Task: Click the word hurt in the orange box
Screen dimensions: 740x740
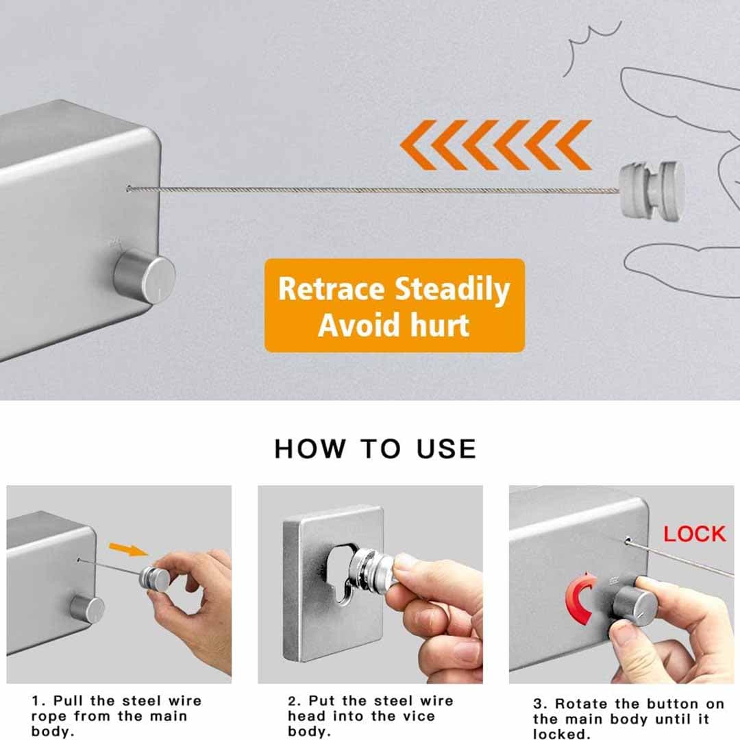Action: click(440, 323)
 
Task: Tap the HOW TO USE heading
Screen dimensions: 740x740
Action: click(375, 449)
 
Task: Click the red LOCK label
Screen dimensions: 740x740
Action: click(694, 534)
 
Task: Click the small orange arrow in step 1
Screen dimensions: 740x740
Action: click(128, 548)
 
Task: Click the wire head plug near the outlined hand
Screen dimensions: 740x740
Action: click(651, 190)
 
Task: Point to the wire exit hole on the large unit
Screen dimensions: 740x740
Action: click(129, 188)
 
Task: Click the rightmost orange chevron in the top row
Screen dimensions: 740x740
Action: click(574, 145)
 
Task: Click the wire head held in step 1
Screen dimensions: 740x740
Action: click(155, 578)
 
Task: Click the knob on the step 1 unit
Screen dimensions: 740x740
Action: click(88, 608)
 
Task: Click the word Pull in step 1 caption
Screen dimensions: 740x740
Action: click(69, 701)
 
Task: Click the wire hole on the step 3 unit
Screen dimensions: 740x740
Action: click(627, 541)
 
